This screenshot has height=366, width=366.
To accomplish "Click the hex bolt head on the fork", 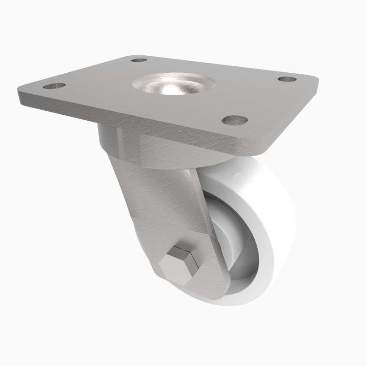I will [179, 266].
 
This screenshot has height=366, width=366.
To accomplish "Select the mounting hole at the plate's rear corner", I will [139, 60].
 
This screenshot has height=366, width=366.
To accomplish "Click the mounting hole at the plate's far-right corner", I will [287, 79].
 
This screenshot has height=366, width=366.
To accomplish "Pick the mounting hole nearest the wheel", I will [235, 120].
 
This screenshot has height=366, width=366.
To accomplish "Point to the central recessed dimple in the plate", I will [173, 85].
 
